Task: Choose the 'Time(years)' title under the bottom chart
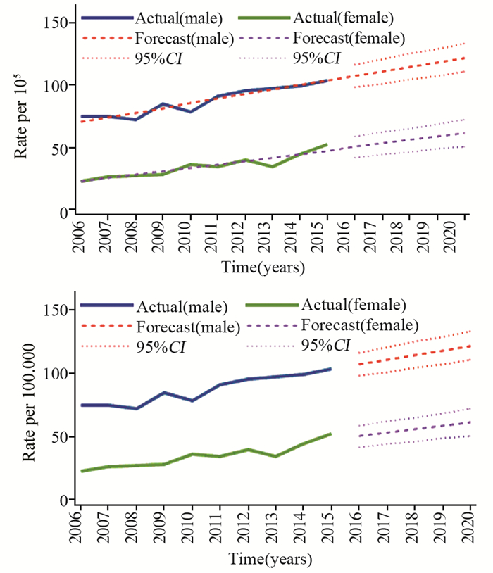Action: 270,559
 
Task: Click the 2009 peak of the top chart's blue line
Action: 163,104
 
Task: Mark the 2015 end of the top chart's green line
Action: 327,144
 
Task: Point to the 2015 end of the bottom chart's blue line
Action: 330,369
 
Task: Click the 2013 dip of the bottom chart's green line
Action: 275,456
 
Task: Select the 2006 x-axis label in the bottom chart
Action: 81,525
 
